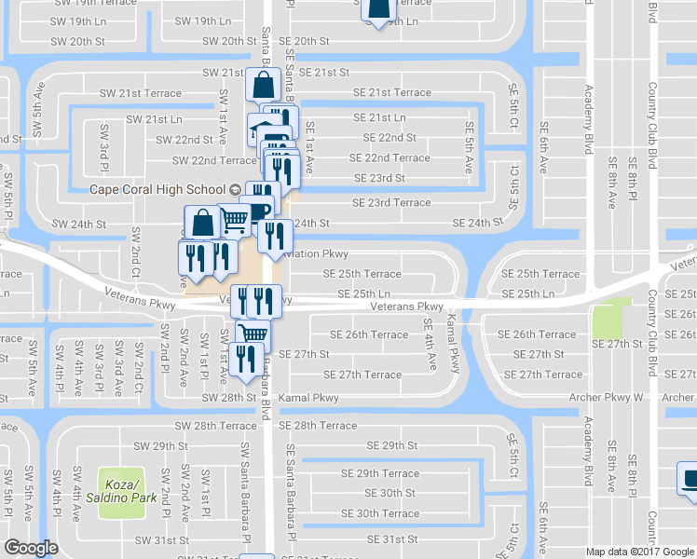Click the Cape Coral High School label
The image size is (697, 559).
coord(158,188)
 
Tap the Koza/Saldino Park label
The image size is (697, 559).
coord(121,493)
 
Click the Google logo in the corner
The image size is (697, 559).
coord(31,548)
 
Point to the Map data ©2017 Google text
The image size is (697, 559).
coord(640,552)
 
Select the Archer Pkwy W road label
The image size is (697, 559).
coord(607,398)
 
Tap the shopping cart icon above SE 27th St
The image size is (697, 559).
coord(252,334)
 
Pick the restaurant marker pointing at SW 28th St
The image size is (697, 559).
coord(245,358)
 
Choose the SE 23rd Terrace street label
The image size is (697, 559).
coord(391,202)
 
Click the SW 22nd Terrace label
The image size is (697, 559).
coord(207,160)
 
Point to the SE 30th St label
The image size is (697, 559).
coord(390,493)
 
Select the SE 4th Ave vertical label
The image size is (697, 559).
coord(429,343)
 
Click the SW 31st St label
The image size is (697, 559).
coord(162,539)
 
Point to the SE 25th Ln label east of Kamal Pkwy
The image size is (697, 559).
coord(548,293)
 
